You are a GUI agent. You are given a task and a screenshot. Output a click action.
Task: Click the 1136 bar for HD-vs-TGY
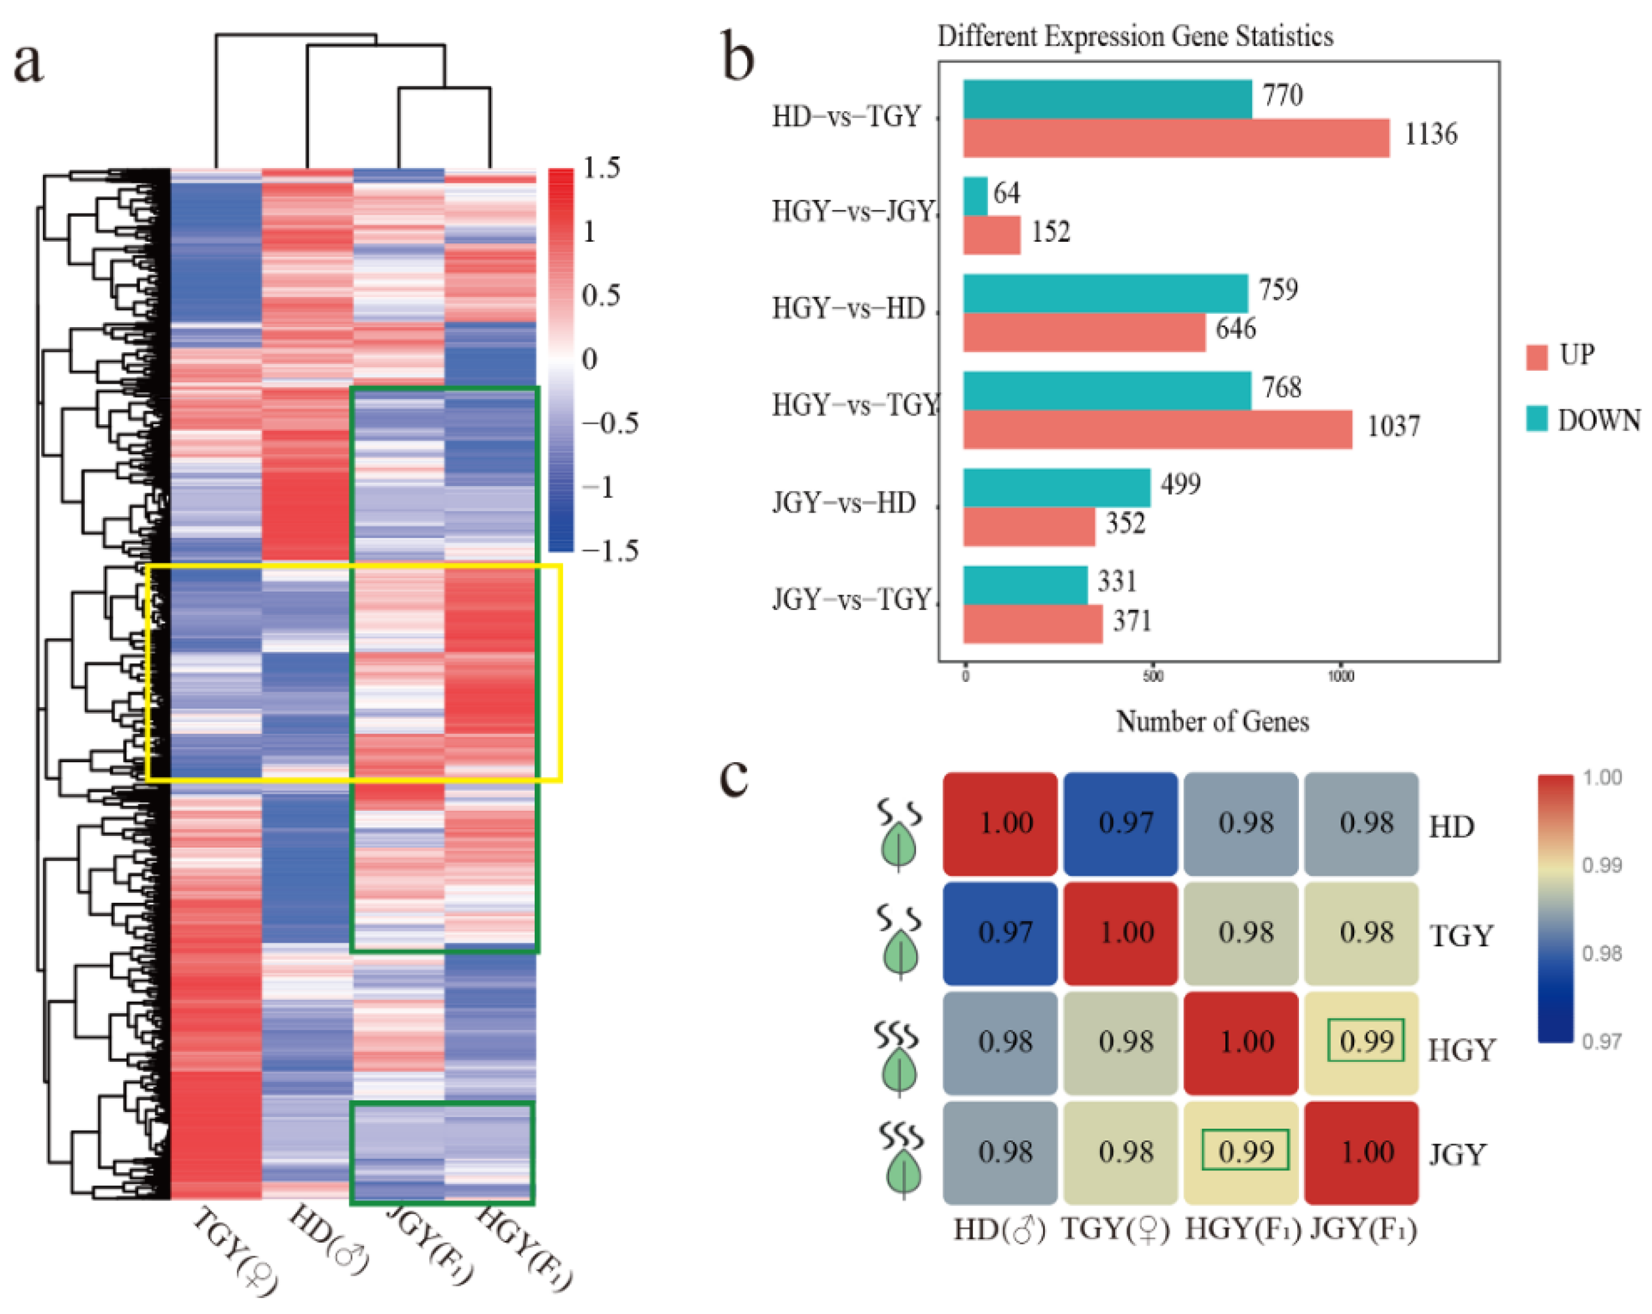1176,138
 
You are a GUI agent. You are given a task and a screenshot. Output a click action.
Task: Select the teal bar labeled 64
975,196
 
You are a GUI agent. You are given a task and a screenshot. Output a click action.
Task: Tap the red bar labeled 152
991,235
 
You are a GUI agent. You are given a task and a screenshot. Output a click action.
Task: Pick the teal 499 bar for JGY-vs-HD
1056,487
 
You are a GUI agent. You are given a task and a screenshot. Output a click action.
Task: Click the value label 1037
1393,426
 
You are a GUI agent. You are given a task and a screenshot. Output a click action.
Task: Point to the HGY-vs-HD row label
848,308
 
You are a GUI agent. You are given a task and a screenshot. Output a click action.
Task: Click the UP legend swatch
1537,357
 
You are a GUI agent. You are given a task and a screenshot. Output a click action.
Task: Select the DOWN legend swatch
1537,419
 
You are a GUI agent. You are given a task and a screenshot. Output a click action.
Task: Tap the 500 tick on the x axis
1152,676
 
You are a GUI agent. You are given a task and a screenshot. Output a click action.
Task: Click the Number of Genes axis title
1212,722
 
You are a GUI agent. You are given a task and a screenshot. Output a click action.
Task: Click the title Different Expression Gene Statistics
1135,36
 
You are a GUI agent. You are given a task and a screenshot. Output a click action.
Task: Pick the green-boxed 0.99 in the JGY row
1245,1151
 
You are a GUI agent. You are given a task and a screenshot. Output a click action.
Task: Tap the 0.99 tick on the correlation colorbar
1602,865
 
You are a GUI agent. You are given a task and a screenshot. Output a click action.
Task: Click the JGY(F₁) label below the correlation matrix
1363,1228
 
